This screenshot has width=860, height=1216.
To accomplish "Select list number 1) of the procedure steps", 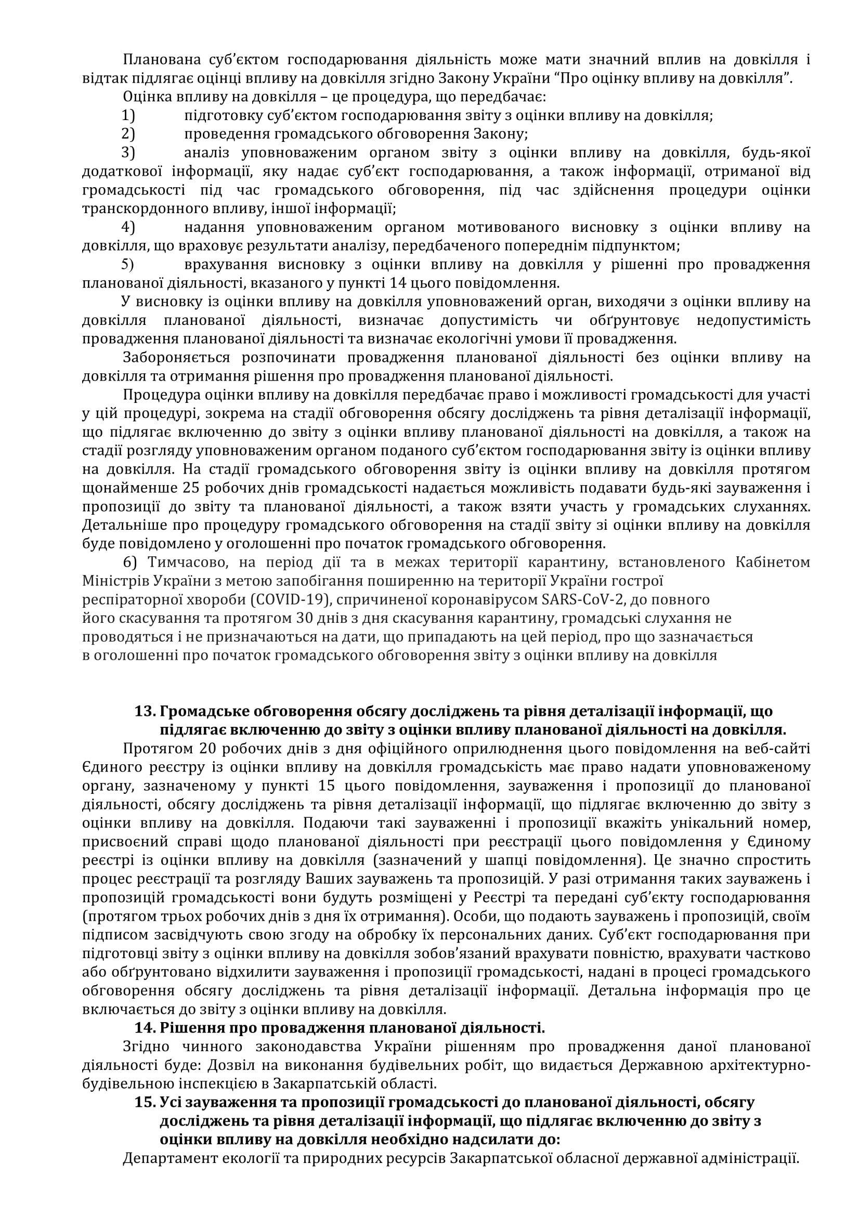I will pyautogui.click(x=128, y=115).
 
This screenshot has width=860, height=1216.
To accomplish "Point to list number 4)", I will pyautogui.click(x=128, y=227).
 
